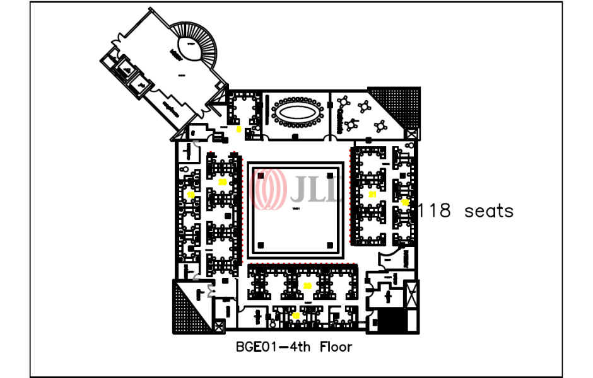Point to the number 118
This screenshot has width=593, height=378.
435,210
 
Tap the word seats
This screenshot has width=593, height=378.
489,210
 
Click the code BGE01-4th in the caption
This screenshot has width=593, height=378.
275,346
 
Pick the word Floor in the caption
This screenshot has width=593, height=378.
336,346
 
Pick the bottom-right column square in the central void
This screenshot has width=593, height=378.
329,244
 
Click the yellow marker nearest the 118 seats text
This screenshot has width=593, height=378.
404,202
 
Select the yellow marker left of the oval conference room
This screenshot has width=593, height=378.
238,129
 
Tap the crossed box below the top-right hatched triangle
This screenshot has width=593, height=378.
412,134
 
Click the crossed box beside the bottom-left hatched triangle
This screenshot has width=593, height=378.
219,326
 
